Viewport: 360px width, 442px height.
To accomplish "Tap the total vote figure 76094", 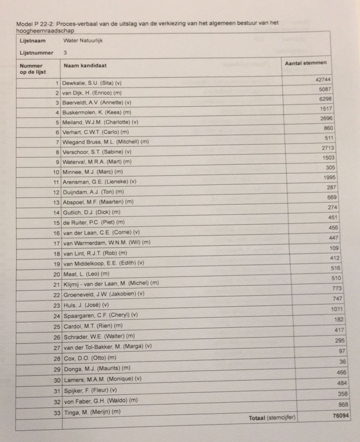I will point(341,415).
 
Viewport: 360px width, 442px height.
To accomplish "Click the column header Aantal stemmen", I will point(306,63).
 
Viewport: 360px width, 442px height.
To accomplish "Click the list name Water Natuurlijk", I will point(83,41).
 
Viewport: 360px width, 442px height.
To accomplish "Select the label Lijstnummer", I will point(37,53).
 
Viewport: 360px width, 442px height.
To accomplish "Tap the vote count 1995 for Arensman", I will point(330,177).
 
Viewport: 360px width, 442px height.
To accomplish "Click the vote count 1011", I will point(337,309).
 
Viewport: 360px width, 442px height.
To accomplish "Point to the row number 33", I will point(56,412).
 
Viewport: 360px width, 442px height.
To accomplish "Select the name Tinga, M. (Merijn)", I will point(92,412).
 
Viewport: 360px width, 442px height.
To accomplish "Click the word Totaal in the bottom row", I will point(257,418).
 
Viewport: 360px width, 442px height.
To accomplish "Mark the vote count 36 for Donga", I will point(343,361).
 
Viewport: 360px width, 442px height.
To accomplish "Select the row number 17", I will point(56,243).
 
